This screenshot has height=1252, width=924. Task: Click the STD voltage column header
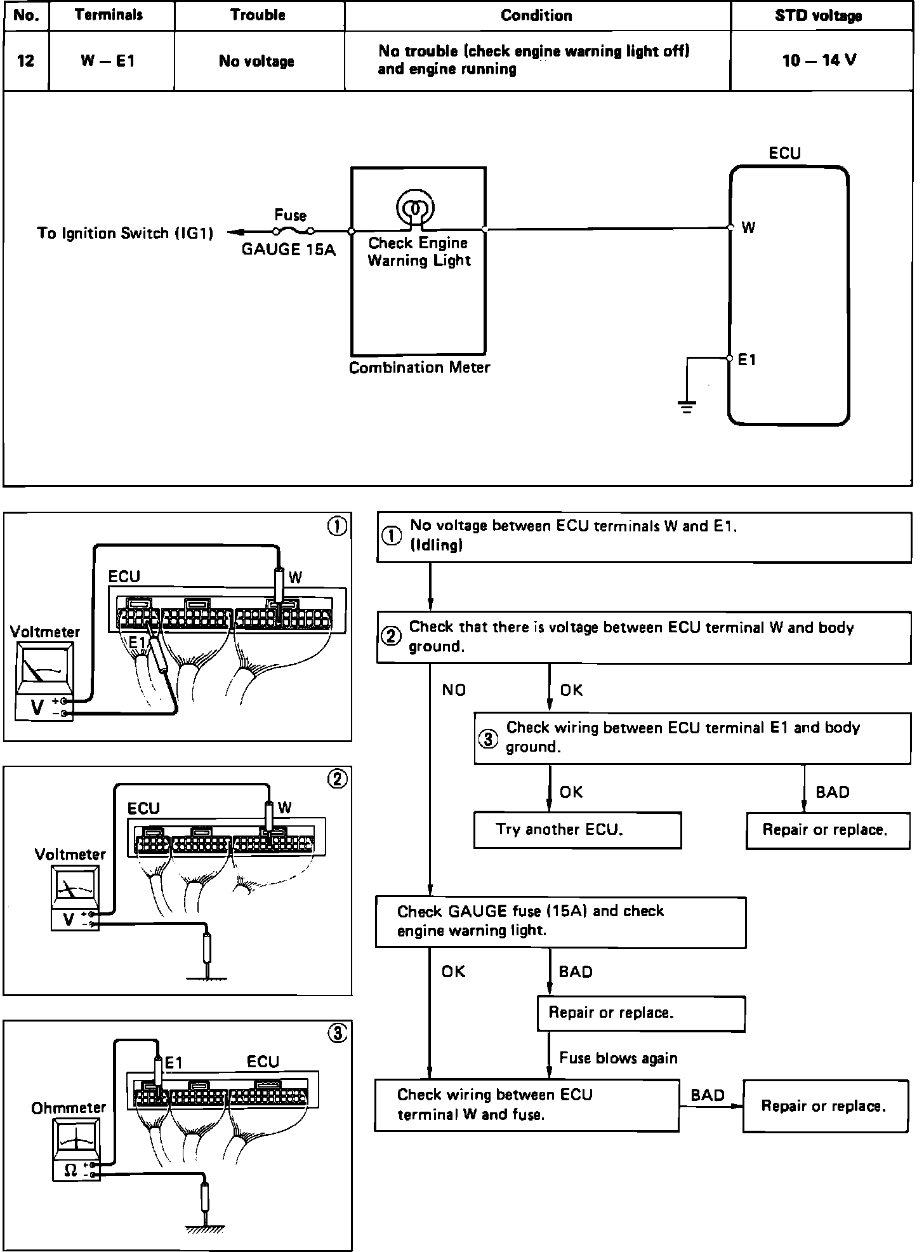[818, 16]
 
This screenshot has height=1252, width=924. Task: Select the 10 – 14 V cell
[819, 61]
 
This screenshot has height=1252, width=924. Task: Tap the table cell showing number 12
[26, 61]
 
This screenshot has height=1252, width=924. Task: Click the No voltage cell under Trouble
[256, 62]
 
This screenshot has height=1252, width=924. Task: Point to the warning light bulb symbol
[416, 208]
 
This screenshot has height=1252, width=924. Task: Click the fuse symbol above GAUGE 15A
[293, 231]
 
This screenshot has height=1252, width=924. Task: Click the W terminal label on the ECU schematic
[748, 228]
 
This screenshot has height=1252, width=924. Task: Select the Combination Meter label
[419, 368]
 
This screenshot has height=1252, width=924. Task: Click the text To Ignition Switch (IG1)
[125, 234]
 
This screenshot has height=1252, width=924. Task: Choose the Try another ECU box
[577, 830]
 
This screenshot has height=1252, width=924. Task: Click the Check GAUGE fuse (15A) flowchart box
[560, 922]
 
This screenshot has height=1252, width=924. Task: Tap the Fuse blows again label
[618, 1058]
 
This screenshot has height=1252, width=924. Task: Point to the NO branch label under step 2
[454, 690]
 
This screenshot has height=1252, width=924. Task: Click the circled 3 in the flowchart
[488, 739]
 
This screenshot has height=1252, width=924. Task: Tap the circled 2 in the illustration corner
[337, 779]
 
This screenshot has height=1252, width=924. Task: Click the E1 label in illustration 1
[137, 643]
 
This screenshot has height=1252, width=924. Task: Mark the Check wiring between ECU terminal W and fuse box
[527, 1105]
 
